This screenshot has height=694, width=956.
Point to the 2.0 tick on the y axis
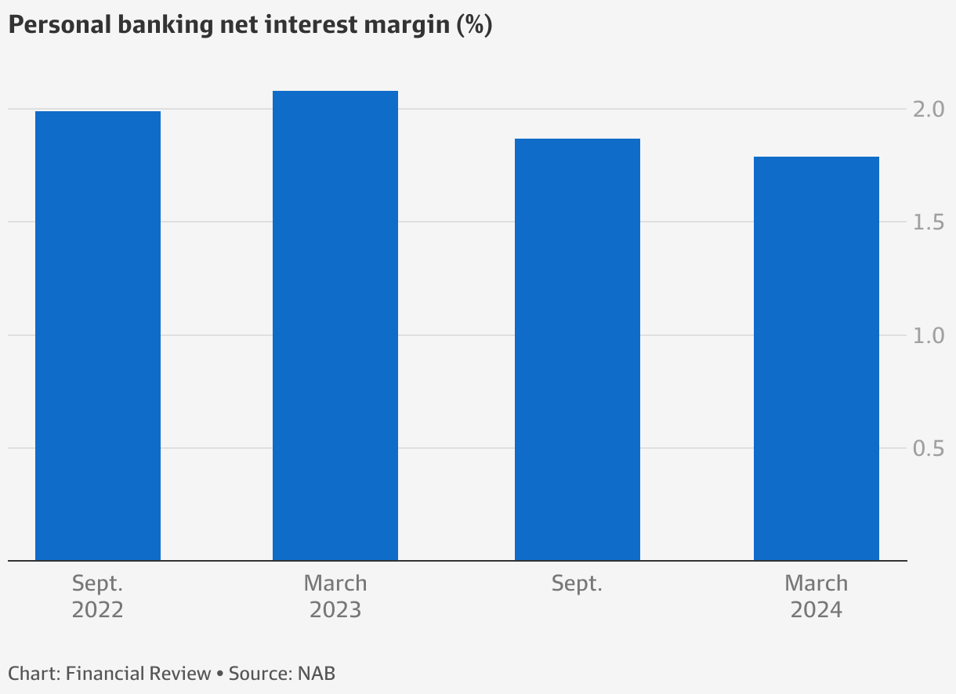coord(927,110)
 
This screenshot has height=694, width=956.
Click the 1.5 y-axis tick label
coord(927,222)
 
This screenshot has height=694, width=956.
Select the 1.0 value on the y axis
coord(927,335)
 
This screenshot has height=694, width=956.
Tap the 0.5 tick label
coord(927,448)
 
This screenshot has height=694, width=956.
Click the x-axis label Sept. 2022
coord(98,597)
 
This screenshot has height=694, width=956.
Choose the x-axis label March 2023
coord(335,597)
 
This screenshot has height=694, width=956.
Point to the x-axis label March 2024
coord(816,597)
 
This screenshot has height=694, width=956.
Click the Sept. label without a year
coord(577,584)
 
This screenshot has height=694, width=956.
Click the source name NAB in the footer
coord(317,674)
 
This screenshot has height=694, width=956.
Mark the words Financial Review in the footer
coord(139,674)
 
